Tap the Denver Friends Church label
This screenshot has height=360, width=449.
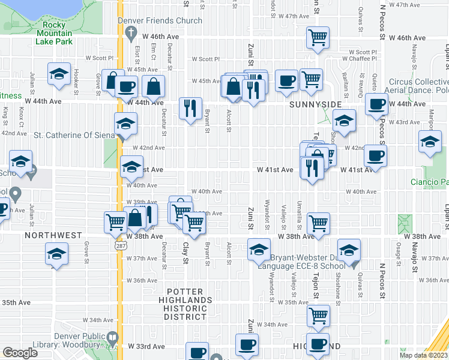(164, 20)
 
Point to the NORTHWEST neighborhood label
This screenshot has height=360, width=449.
(53, 236)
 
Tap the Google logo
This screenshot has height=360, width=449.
(20, 353)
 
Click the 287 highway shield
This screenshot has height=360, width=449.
(120, 246)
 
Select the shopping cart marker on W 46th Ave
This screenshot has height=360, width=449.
(318, 37)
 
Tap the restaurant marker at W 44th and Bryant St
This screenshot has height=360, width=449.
(190, 108)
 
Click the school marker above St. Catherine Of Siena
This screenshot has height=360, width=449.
(125, 124)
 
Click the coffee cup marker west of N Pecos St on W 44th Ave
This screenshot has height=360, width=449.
(376, 104)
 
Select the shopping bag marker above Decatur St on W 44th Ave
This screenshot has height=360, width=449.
(154, 87)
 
